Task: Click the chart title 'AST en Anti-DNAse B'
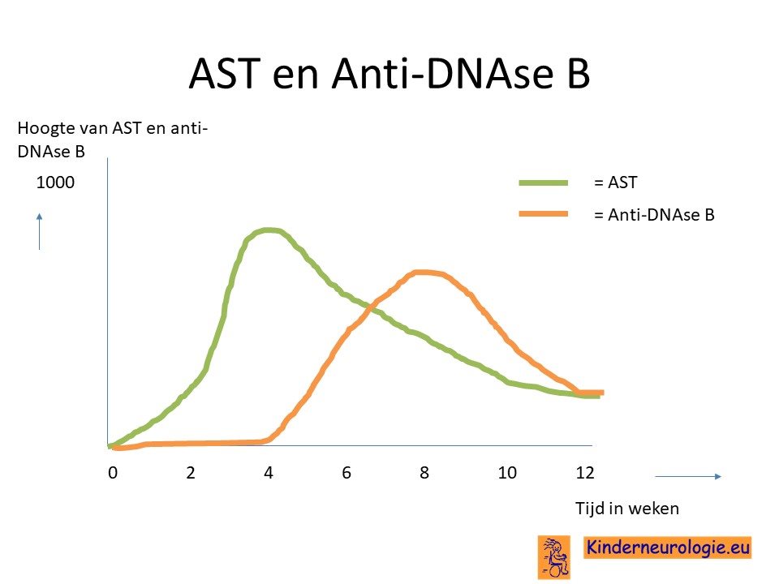[389, 74]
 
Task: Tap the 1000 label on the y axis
[55, 182]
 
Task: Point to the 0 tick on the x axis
[113, 473]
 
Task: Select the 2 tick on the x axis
[191, 473]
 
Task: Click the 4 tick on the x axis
[269, 473]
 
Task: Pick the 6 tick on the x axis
[346, 473]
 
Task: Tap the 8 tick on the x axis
[424, 473]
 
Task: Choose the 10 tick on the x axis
[507, 473]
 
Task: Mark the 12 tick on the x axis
[585, 473]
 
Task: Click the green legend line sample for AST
[543, 182]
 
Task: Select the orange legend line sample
[543, 213]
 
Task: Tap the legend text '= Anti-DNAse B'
[654, 215]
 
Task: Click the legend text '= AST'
[615, 182]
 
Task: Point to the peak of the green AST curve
[269, 230]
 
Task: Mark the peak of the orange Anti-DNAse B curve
[422, 273]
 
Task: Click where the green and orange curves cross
[370, 308]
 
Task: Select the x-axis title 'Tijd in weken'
[627, 509]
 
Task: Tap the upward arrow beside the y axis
[39, 231]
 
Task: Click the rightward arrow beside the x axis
[688, 477]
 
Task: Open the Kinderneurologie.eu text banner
[667, 547]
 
